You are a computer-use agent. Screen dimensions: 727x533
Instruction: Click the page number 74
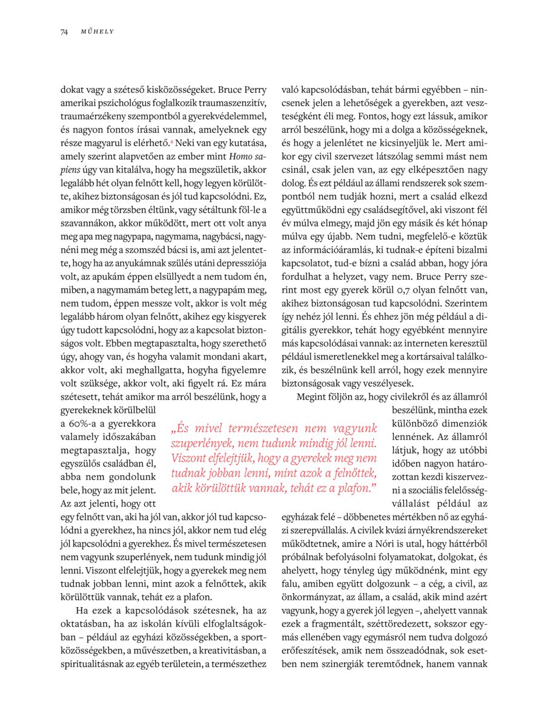coord(64,32)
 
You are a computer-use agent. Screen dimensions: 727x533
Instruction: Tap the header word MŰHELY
coord(98,32)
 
